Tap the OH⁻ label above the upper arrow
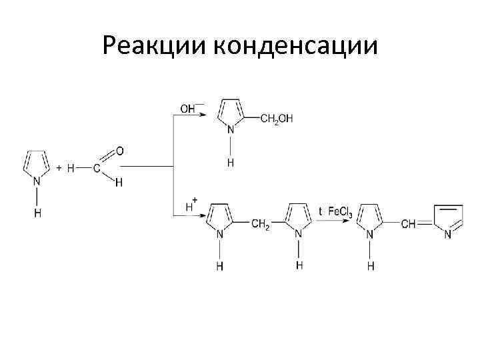click(189, 108)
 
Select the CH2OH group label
click(277, 119)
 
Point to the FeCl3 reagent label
click(339, 212)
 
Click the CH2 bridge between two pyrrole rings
click(260, 225)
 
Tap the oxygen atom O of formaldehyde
click(119, 151)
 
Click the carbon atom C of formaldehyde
click(97, 169)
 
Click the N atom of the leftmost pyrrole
click(37, 180)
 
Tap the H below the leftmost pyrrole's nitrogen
click(37, 213)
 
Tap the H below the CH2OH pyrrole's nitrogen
click(230, 162)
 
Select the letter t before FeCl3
click(320, 212)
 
